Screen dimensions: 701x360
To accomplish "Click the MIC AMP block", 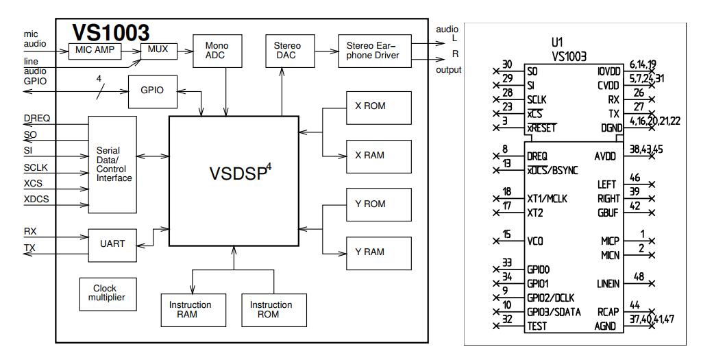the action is tap(95, 51).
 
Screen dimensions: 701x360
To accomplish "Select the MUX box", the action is tap(159, 51).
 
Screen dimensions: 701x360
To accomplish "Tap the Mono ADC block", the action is tap(217, 51).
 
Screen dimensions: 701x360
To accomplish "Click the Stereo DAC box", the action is tap(290, 51).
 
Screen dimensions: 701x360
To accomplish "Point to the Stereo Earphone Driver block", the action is tap(375, 51).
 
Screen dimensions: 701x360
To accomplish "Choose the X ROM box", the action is tap(379, 108).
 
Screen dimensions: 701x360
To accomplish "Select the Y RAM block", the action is tap(379, 253).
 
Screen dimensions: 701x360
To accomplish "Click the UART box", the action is tap(112, 245).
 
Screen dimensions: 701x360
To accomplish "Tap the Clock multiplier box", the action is tap(108, 294).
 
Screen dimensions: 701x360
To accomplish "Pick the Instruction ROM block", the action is tap(274, 310).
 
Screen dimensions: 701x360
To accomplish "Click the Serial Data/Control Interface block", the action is tap(112, 165).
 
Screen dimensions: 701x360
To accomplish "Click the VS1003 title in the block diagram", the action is tap(111, 33).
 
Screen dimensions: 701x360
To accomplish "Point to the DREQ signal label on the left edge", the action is tap(36, 119).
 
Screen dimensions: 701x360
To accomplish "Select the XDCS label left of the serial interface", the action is tap(36, 199).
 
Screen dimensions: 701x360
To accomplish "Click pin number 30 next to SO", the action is tap(507, 65).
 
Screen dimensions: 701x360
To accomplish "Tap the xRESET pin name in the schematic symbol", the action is tap(541, 128).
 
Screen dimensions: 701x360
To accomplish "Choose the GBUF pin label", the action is tap(608, 213).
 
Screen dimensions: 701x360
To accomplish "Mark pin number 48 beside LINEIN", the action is tap(639, 277).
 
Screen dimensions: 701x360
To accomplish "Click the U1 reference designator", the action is tap(557, 43).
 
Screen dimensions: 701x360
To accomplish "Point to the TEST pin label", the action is tap(537, 326).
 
